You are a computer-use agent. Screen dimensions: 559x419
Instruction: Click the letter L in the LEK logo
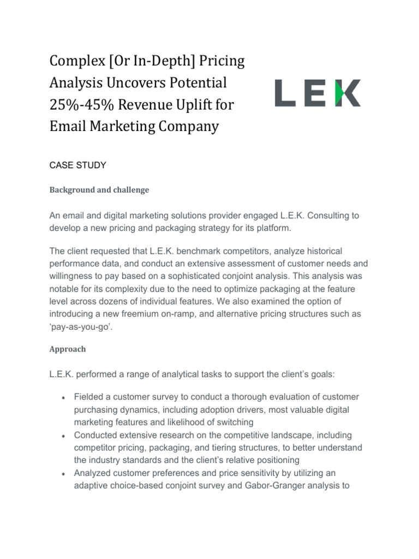pos(285,93)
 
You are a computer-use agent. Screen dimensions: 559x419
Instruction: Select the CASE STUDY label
pos(78,164)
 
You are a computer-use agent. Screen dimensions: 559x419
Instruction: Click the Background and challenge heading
pos(99,190)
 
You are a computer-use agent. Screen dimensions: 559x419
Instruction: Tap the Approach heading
pos(68,348)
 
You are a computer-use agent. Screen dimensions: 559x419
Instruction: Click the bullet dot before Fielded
pos(64,398)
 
